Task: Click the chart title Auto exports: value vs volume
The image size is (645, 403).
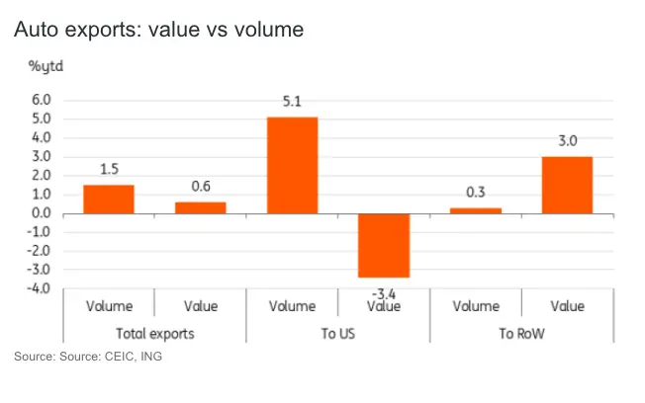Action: (x=157, y=31)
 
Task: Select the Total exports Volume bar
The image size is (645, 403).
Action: (x=109, y=199)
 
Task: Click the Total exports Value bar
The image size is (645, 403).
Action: (x=201, y=207)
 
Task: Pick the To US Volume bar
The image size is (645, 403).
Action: (x=293, y=165)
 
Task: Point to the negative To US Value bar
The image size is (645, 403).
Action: (x=385, y=245)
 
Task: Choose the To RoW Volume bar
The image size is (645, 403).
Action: (x=476, y=210)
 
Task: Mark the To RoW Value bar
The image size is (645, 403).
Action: (x=568, y=185)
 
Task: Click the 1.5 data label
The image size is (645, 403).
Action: (x=109, y=168)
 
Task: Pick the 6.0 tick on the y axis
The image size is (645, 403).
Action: (x=40, y=100)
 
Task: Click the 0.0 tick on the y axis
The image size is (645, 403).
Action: (x=40, y=213)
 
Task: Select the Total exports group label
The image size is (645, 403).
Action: (x=155, y=333)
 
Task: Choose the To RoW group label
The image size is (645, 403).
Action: (x=521, y=333)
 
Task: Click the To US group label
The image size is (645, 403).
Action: (x=338, y=333)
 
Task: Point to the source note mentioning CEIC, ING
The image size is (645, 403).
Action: (x=87, y=357)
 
